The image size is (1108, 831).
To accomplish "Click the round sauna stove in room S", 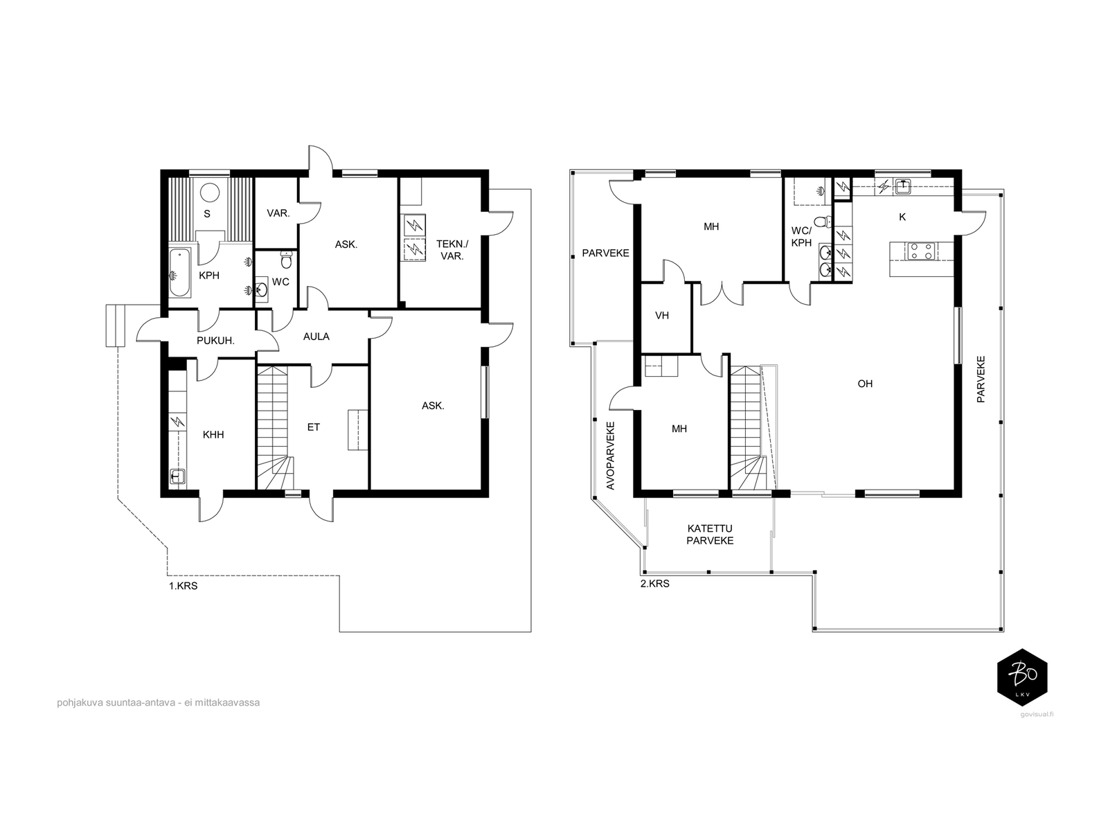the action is click(x=209, y=193).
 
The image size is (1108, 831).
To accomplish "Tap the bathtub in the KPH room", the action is click(x=179, y=272).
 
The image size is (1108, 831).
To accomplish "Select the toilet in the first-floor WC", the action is click(x=286, y=260).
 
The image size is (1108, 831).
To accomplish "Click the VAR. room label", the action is click(x=278, y=213).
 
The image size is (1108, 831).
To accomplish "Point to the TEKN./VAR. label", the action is click(x=452, y=250).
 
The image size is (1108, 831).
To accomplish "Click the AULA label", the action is click(x=316, y=337).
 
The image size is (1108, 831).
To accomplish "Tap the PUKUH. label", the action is click(x=215, y=341).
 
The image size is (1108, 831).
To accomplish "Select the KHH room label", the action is click(x=213, y=434).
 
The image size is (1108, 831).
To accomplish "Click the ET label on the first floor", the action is click(x=314, y=427).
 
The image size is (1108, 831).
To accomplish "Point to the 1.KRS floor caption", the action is click(x=184, y=587).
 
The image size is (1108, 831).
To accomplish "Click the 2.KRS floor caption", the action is click(x=654, y=584).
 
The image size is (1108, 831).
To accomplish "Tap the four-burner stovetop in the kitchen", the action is click(x=921, y=251).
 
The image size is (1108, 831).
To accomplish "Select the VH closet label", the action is click(x=662, y=316).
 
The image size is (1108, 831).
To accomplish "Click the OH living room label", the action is click(x=865, y=384).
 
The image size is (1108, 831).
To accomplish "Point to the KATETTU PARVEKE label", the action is click(x=710, y=535).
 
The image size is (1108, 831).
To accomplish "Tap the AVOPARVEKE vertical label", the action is click(x=610, y=456).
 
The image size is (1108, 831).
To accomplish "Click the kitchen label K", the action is click(x=902, y=217).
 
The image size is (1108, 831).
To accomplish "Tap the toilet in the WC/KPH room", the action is click(x=823, y=221).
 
